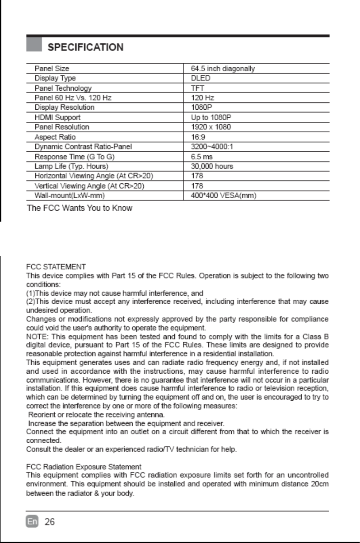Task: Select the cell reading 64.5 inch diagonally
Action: [223, 69]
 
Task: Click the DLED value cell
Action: [201, 78]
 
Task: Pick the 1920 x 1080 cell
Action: [211, 127]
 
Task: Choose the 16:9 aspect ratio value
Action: [198, 137]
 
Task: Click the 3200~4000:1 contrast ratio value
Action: [212, 146]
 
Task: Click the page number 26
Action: [50, 522]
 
